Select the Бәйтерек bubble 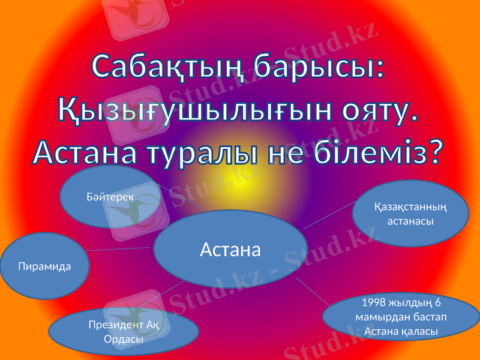[111, 197]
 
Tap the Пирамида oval [46, 266]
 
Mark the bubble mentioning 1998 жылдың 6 [401, 316]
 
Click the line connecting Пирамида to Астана [120, 249]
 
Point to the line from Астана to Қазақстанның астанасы [330, 215]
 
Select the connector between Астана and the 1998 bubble [312, 291]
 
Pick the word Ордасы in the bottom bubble [123, 339]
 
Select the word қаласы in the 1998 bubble [418, 331]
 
